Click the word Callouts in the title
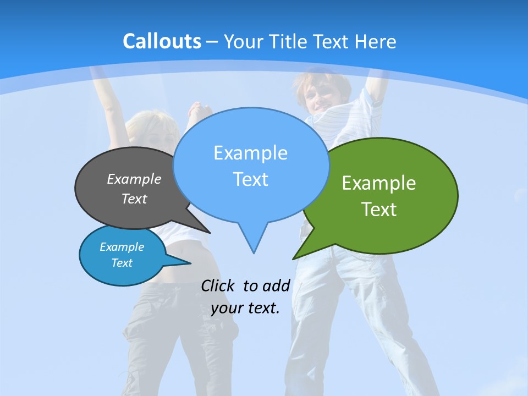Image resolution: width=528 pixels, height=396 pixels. [162, 41]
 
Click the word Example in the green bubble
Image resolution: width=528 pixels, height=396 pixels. [379, 183]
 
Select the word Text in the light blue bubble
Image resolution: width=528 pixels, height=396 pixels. [250, 179]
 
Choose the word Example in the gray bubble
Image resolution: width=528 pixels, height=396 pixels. [134, 179]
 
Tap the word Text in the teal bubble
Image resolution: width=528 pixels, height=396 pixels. [122, 263]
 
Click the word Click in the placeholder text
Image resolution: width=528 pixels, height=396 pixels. [219, 285]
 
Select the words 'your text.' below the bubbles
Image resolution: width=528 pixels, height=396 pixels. [245, 308]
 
